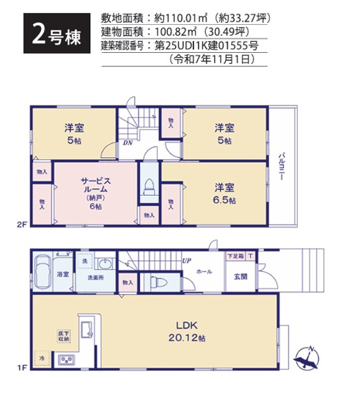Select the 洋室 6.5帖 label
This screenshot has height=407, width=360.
pos(221,191)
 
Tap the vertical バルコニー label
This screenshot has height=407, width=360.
pos(282,167)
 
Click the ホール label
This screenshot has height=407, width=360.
pos(205,272)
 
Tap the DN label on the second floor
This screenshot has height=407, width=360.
pos(127,143)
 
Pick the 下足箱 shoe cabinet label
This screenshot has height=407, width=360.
pos(235,256)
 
